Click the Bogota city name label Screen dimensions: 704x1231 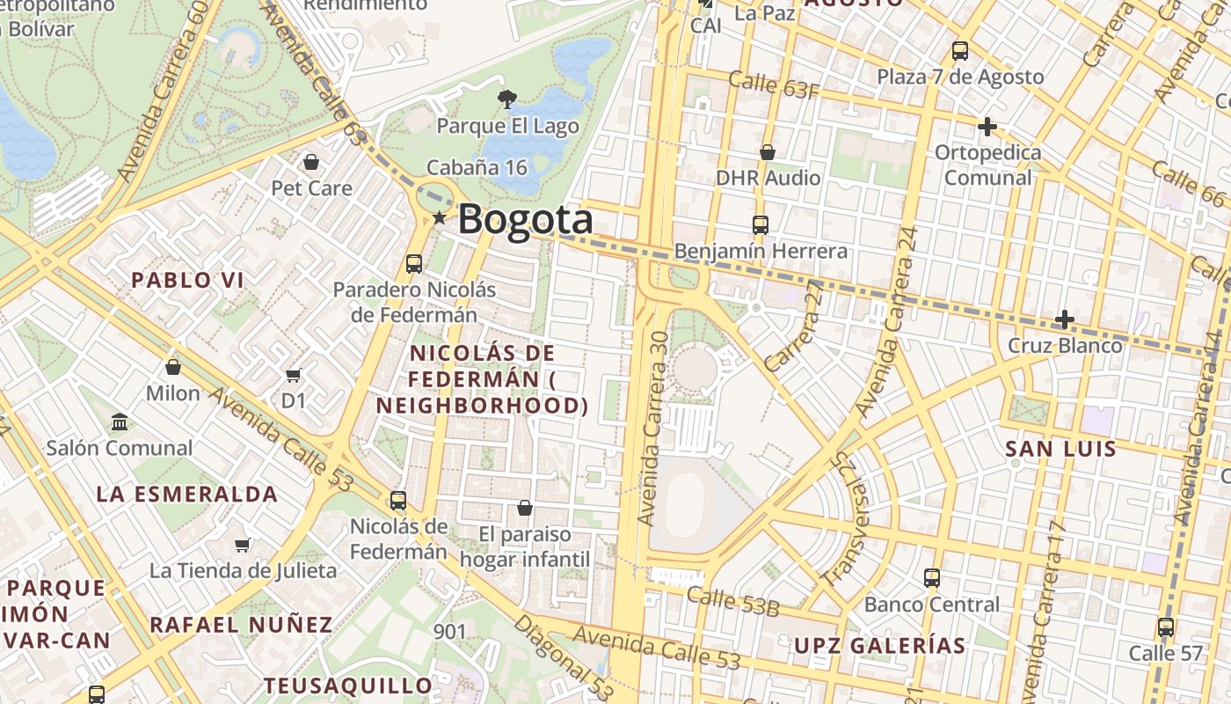(525, 218)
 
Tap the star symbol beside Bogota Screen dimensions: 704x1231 (440, 217)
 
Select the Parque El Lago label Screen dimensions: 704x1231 (508, 126)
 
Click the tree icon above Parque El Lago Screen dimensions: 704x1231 (507, 99)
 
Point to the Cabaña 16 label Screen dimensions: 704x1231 (477, 167)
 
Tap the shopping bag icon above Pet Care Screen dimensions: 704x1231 (310, 162)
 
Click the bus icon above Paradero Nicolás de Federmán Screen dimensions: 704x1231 (414, 263)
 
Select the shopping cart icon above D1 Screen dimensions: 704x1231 (294, 376)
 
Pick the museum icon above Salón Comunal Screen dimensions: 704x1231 (120, 422)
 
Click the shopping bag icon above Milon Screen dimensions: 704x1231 (173, 367)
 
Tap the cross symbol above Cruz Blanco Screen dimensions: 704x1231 (1065, 319)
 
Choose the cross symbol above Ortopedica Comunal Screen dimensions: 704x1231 (987, 127)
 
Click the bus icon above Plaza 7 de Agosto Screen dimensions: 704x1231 (960, 51)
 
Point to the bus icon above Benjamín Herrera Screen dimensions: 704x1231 (761, 225)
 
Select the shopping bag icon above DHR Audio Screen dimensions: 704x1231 (768, 152)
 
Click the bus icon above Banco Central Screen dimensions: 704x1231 (932, 578)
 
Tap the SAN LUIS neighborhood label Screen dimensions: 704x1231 (1060, 449)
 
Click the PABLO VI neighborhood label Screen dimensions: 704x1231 (187, 281)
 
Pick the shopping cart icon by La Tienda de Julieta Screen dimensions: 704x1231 (243, 545)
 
